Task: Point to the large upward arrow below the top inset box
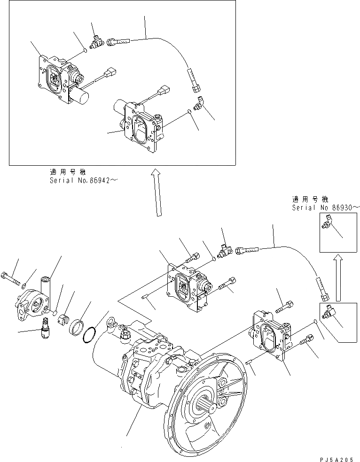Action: [x=157, y=193]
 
